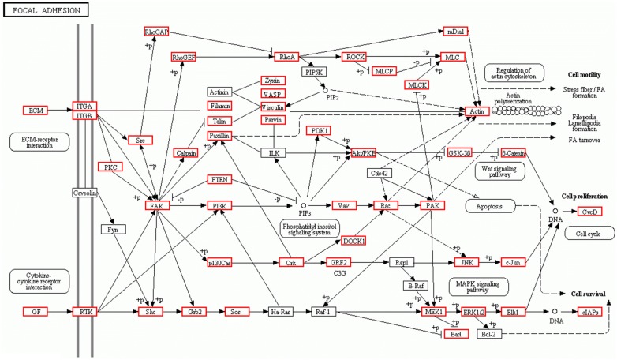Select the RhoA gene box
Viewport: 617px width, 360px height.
tap(286, 57)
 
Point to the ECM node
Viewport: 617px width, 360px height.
tap(35, 110)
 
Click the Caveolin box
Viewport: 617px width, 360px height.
tap(84, 193)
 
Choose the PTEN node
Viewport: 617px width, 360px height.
tap(219, 180)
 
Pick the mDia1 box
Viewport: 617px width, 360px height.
tap(454, 32)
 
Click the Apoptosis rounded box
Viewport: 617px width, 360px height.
tap(490, 206)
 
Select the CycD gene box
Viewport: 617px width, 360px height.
tap(588, 212)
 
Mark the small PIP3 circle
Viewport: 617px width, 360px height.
tap(304, 206)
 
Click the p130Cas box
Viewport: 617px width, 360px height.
tap(219, 262)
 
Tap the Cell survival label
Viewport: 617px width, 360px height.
tap(589, 294)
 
